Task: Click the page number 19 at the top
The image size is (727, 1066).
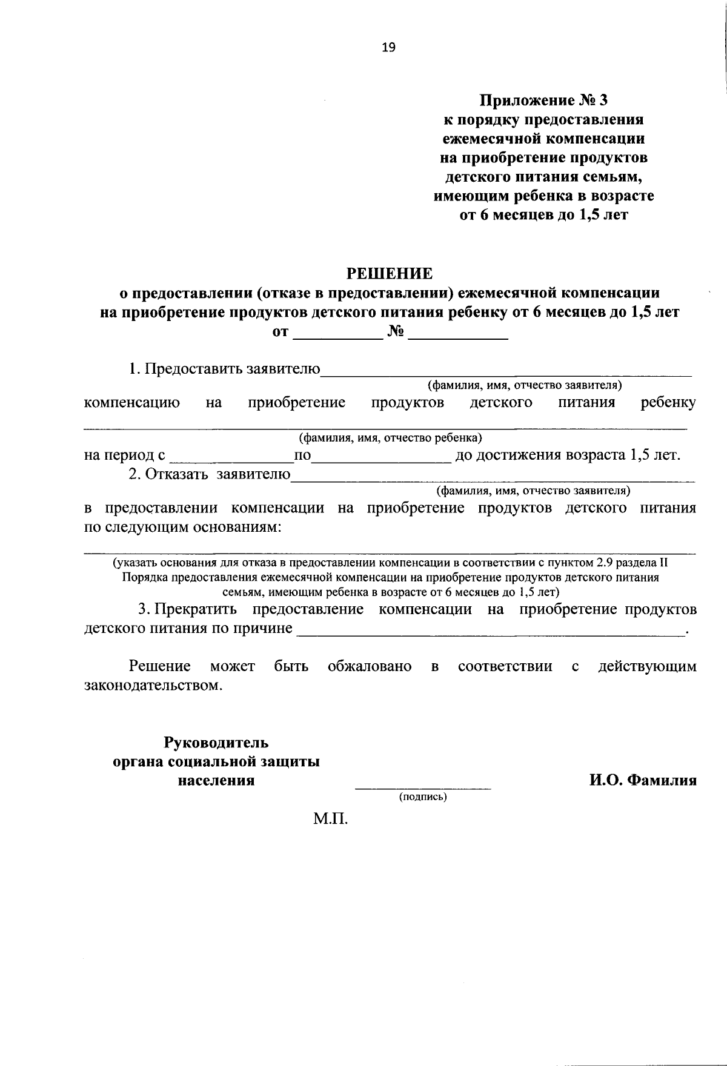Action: (x=388, y=48)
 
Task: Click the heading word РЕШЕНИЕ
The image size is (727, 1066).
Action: (x=389, y=274)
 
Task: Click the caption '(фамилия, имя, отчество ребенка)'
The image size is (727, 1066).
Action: (x=390, y=437)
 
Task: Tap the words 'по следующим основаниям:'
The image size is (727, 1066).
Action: (x=182, y=527)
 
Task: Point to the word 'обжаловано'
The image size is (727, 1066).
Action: (x=370, y=667)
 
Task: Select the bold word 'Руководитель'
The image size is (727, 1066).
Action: (x=216, y=743)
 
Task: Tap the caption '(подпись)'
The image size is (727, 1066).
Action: (x=422, y=797)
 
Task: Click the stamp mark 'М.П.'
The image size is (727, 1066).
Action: (x=331, y=820)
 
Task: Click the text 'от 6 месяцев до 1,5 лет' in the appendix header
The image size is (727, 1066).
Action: (x=543, y=216)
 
